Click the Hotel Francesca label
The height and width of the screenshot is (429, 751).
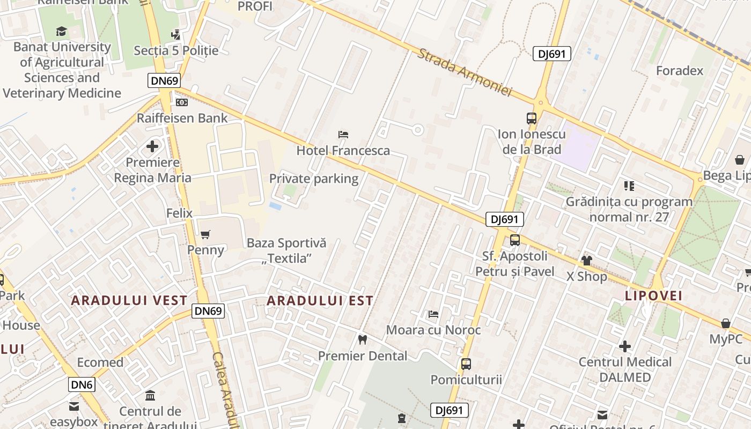coord(343,151)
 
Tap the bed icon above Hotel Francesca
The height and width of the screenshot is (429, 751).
coord(343,134)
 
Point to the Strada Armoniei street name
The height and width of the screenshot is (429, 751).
coord(465,73)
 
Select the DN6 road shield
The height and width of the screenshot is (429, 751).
coord(82,384)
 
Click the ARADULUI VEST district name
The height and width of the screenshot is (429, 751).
coord(129,300)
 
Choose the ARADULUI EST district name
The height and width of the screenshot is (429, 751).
coord(320,301)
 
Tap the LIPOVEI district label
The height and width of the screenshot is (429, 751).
coord(653,295)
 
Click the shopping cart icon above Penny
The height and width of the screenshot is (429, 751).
coord(205,234)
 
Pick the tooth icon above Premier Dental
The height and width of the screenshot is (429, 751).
coord(363,339)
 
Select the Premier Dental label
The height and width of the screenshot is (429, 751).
coord(363,356)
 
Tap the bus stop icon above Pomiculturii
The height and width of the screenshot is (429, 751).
coord(466,364)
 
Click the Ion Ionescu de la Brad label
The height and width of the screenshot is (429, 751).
coord(532,142)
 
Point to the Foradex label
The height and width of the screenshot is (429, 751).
coord(680,71)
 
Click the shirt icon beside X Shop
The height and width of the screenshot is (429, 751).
coord(586,261)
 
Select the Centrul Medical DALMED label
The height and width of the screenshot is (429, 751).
coord(625,369)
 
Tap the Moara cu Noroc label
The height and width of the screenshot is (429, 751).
coord(433,330)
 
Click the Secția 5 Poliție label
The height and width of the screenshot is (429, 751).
coord(176,50)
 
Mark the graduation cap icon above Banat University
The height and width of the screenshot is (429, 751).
coord(62,32)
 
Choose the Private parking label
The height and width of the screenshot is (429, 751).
coord(314,179)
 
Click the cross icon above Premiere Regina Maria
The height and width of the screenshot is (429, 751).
coord(152,146)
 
